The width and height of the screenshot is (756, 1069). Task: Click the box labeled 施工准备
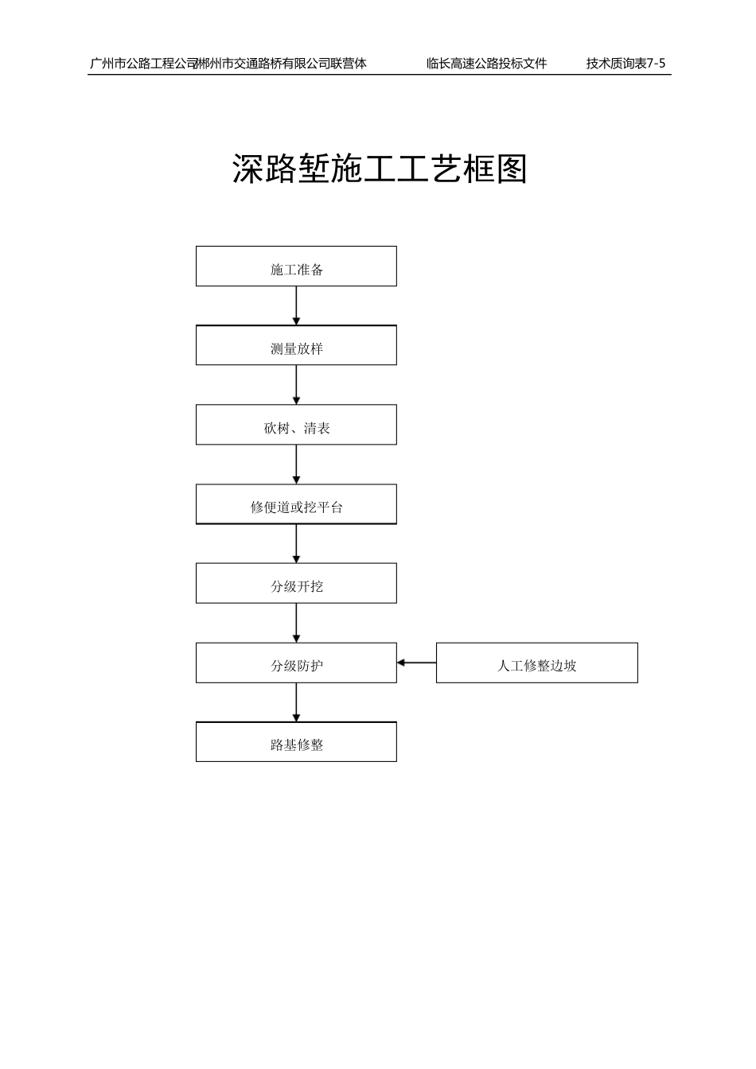(x=296, y=266)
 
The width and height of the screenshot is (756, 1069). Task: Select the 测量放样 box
(x=296, y=345)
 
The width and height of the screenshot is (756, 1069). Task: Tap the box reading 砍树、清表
(x=296, y=425)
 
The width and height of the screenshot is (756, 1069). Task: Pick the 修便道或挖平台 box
(x=296, y=504)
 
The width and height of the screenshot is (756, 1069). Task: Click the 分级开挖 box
(x=296, y=583)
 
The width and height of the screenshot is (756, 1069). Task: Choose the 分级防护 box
(x=296, y=663)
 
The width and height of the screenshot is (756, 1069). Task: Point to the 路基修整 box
(x=296, y=742)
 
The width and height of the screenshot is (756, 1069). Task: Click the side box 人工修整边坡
(x=536, y=663)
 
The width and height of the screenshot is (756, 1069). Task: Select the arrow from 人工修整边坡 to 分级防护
(x=416, y=663)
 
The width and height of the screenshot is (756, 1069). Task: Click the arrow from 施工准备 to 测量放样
(x=296, y=305)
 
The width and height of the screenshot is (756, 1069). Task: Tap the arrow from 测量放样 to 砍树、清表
(x=296, y=385)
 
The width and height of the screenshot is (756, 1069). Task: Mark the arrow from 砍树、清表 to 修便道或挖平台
(x=296, y=465)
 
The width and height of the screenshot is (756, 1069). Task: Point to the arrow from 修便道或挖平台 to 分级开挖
(x=296, y=543)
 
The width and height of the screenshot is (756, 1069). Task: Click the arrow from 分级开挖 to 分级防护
(x=296, y=623)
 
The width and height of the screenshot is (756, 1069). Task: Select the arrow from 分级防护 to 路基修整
(x=296, y=702)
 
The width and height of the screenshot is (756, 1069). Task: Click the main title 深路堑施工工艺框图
(x=380, y=169)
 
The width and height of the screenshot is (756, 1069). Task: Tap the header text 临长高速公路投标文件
(x=486, y=64)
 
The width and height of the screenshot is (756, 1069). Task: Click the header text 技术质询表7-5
(x=625, y=64)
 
